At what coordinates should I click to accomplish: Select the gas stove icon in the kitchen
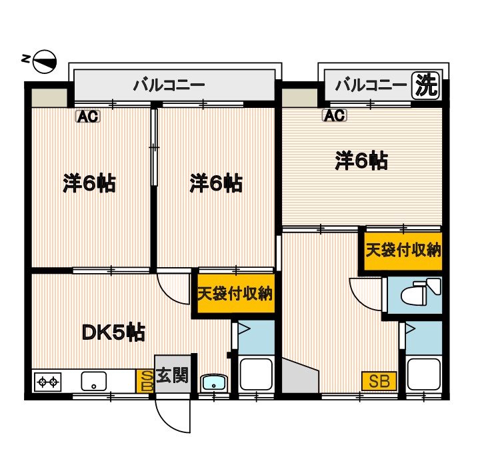47,382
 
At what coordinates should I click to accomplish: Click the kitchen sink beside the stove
93,382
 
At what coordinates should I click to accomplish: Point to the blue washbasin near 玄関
213,382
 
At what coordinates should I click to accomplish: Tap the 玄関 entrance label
172,376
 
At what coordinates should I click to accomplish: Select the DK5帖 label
113,331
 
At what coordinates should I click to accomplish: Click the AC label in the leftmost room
87,117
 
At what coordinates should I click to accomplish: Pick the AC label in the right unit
335,116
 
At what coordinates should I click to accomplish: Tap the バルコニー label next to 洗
371,85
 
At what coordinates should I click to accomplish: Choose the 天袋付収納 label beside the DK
235,294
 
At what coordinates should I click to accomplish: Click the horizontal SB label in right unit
379,381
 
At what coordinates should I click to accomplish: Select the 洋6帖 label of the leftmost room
90,183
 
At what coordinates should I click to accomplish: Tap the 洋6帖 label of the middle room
215,183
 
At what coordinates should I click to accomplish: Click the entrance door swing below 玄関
172,414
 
